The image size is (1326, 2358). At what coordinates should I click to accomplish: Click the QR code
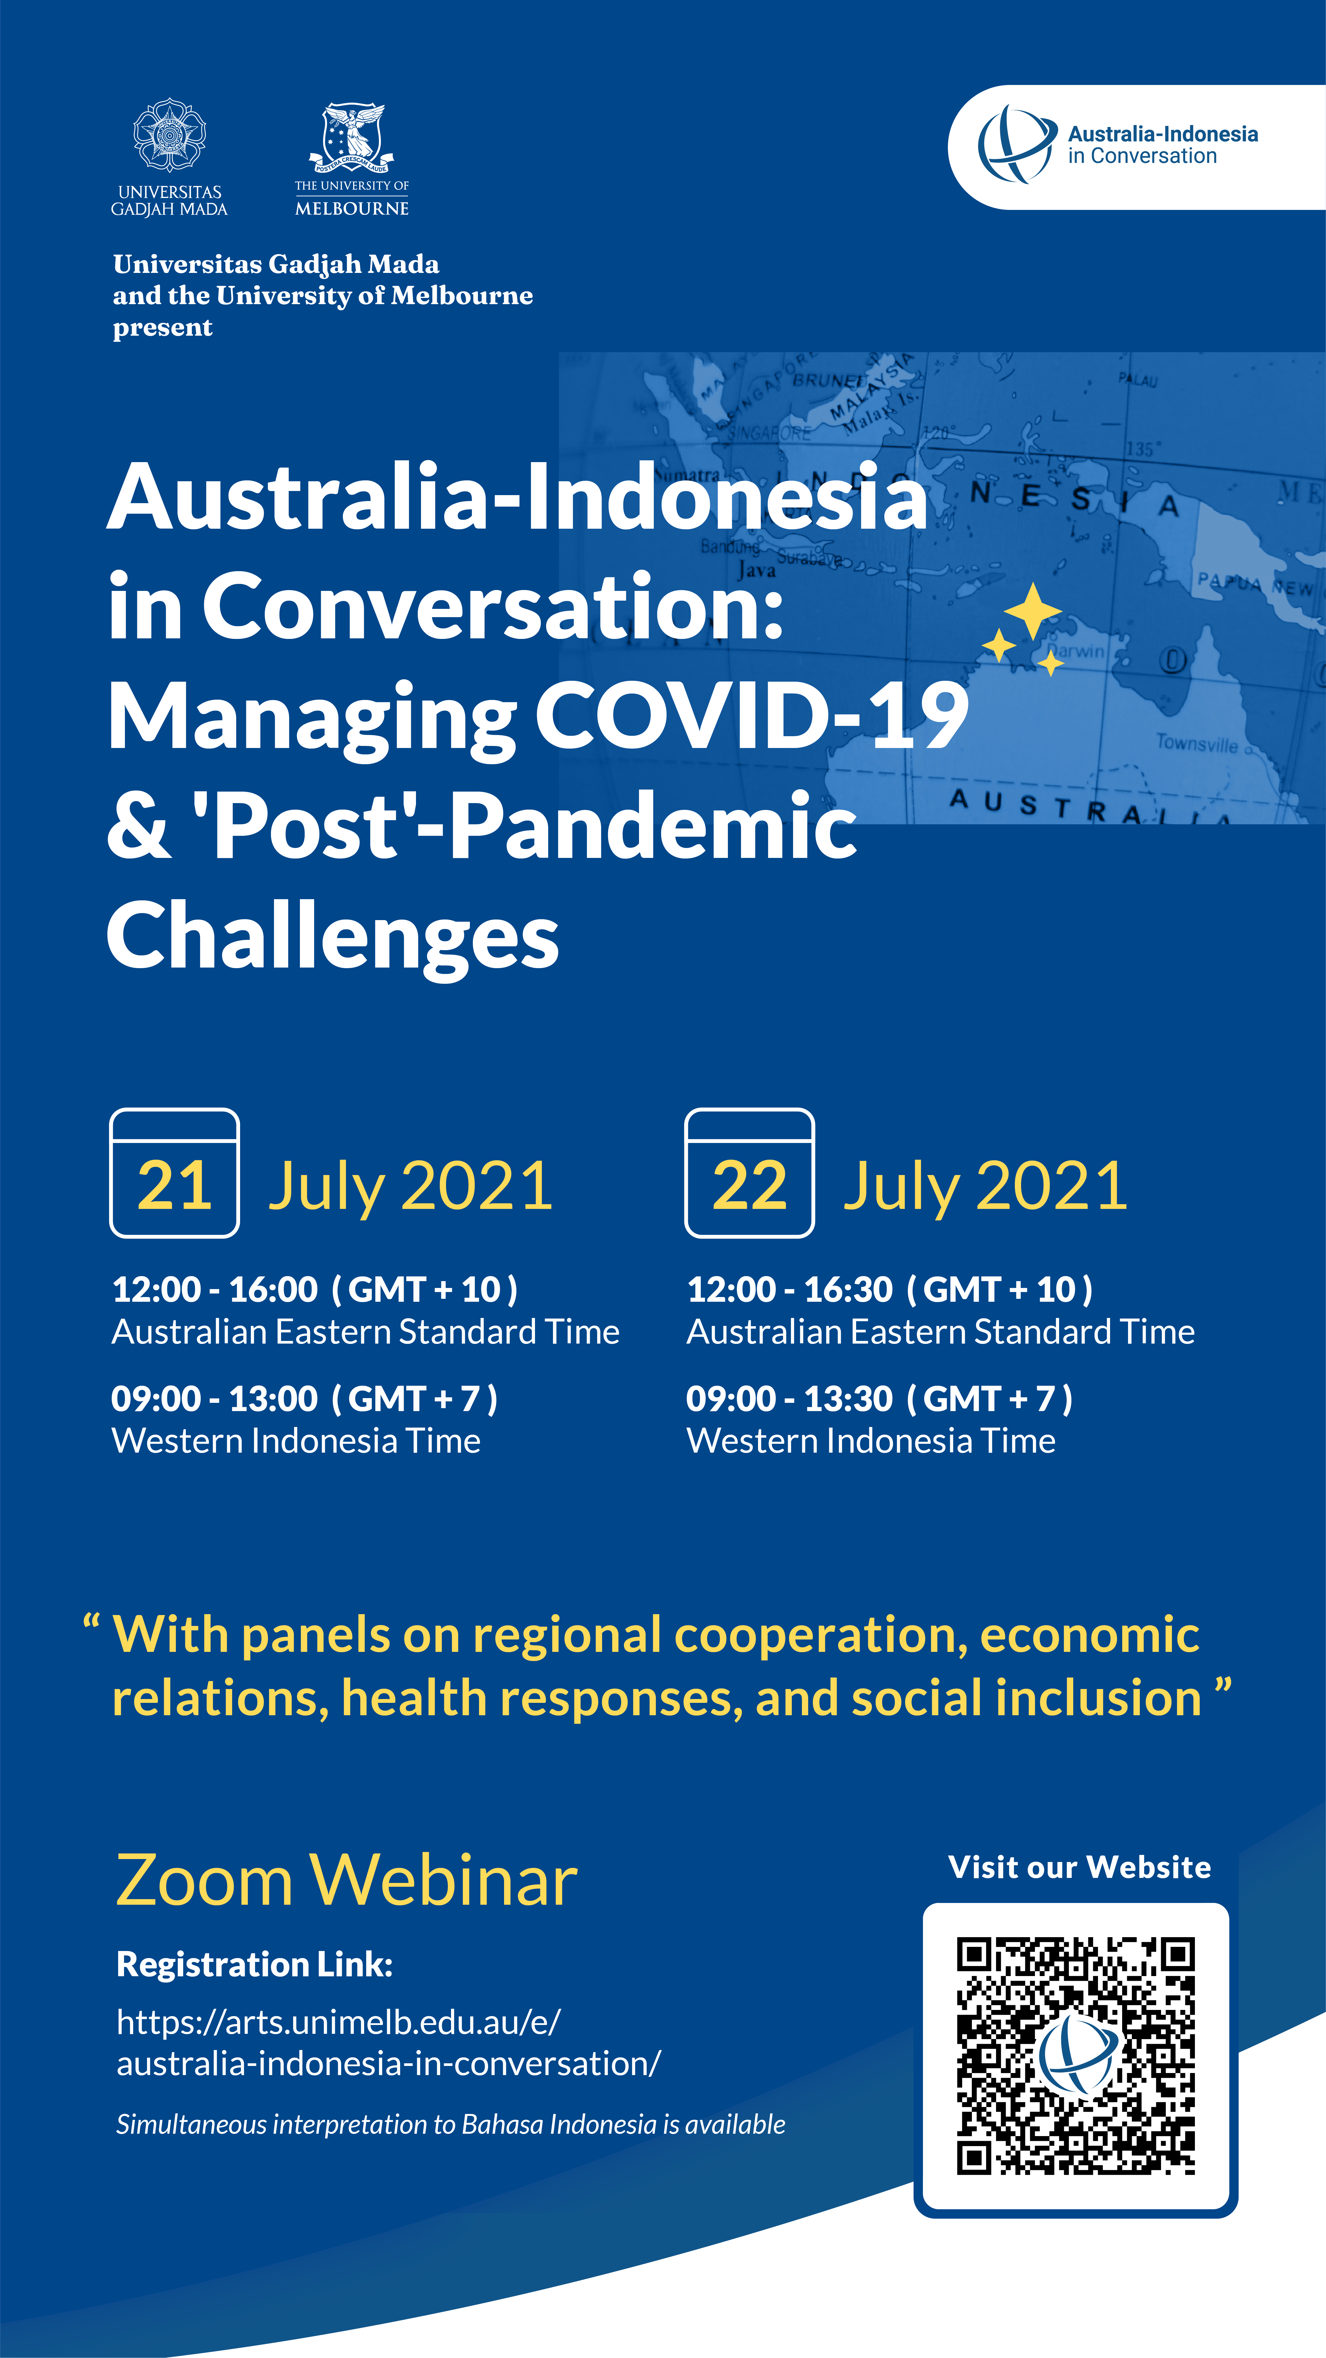[1076, 2055]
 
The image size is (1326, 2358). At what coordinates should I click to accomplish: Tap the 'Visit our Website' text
[1080, 1867]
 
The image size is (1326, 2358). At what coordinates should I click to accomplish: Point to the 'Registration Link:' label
[255, 1964]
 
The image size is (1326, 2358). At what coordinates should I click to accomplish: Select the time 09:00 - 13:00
[214, 1399]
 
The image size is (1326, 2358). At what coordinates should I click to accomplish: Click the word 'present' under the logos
[163, 328]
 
